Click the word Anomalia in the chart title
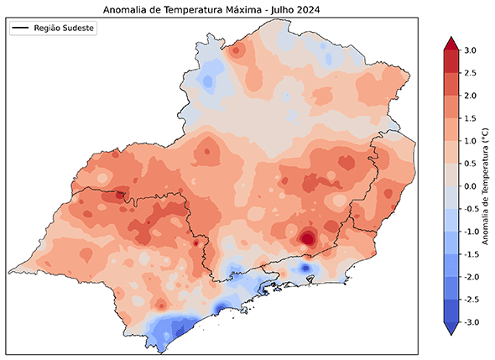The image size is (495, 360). coord(126,10)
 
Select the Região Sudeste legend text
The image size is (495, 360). coord(65,29)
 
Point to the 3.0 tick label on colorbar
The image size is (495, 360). coord(472,51)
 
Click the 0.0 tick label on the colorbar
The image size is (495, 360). coord(472,186)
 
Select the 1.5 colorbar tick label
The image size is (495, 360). coord(472,118)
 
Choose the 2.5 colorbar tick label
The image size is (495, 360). coord(472,74)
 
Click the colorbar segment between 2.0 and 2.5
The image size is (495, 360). coord(450,85)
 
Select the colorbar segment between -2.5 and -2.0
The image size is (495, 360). coord(450,288)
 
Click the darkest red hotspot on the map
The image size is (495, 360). coord(308,238)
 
